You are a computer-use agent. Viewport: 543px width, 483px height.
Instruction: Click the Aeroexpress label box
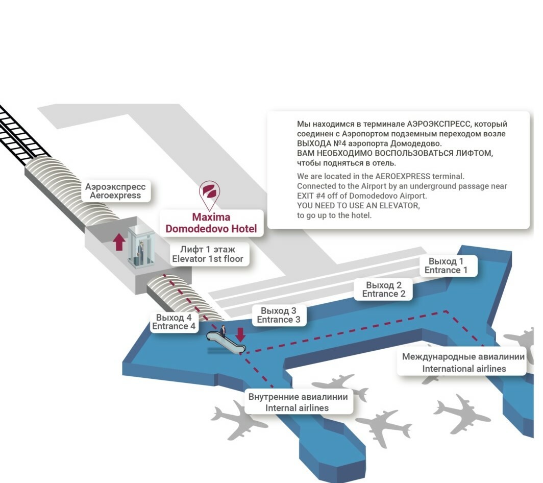coord(115,191)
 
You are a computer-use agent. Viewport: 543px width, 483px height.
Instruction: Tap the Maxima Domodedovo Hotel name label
coord(211,223)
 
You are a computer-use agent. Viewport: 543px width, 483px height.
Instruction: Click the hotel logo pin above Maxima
coord(209,193)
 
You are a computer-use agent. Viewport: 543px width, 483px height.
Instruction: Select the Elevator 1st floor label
coord(207,254)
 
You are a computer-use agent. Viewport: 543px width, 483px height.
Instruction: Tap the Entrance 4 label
coord(174,322)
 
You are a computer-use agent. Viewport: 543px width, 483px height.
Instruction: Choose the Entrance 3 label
coord(279,316)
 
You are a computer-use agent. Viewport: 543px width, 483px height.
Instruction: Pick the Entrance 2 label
coord(384,289)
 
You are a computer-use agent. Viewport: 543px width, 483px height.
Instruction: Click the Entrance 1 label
coord(446,265)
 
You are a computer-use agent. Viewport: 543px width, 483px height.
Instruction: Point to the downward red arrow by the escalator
coord(240,335)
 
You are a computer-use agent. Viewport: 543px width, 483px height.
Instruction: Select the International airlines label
coord(463,363)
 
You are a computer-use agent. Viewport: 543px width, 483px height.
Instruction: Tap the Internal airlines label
coord(298,402)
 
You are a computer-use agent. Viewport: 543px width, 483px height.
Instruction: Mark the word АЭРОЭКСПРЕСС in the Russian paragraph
coord(439,124)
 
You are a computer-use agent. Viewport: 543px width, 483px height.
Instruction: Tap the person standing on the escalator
coord(223,330)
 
